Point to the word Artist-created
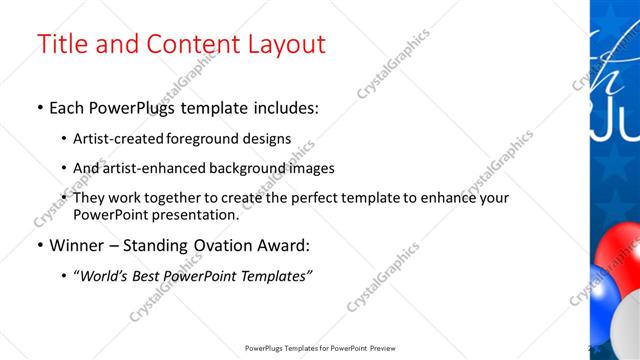(x=114, y=140)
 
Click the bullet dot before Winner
(x=39, y=246)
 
